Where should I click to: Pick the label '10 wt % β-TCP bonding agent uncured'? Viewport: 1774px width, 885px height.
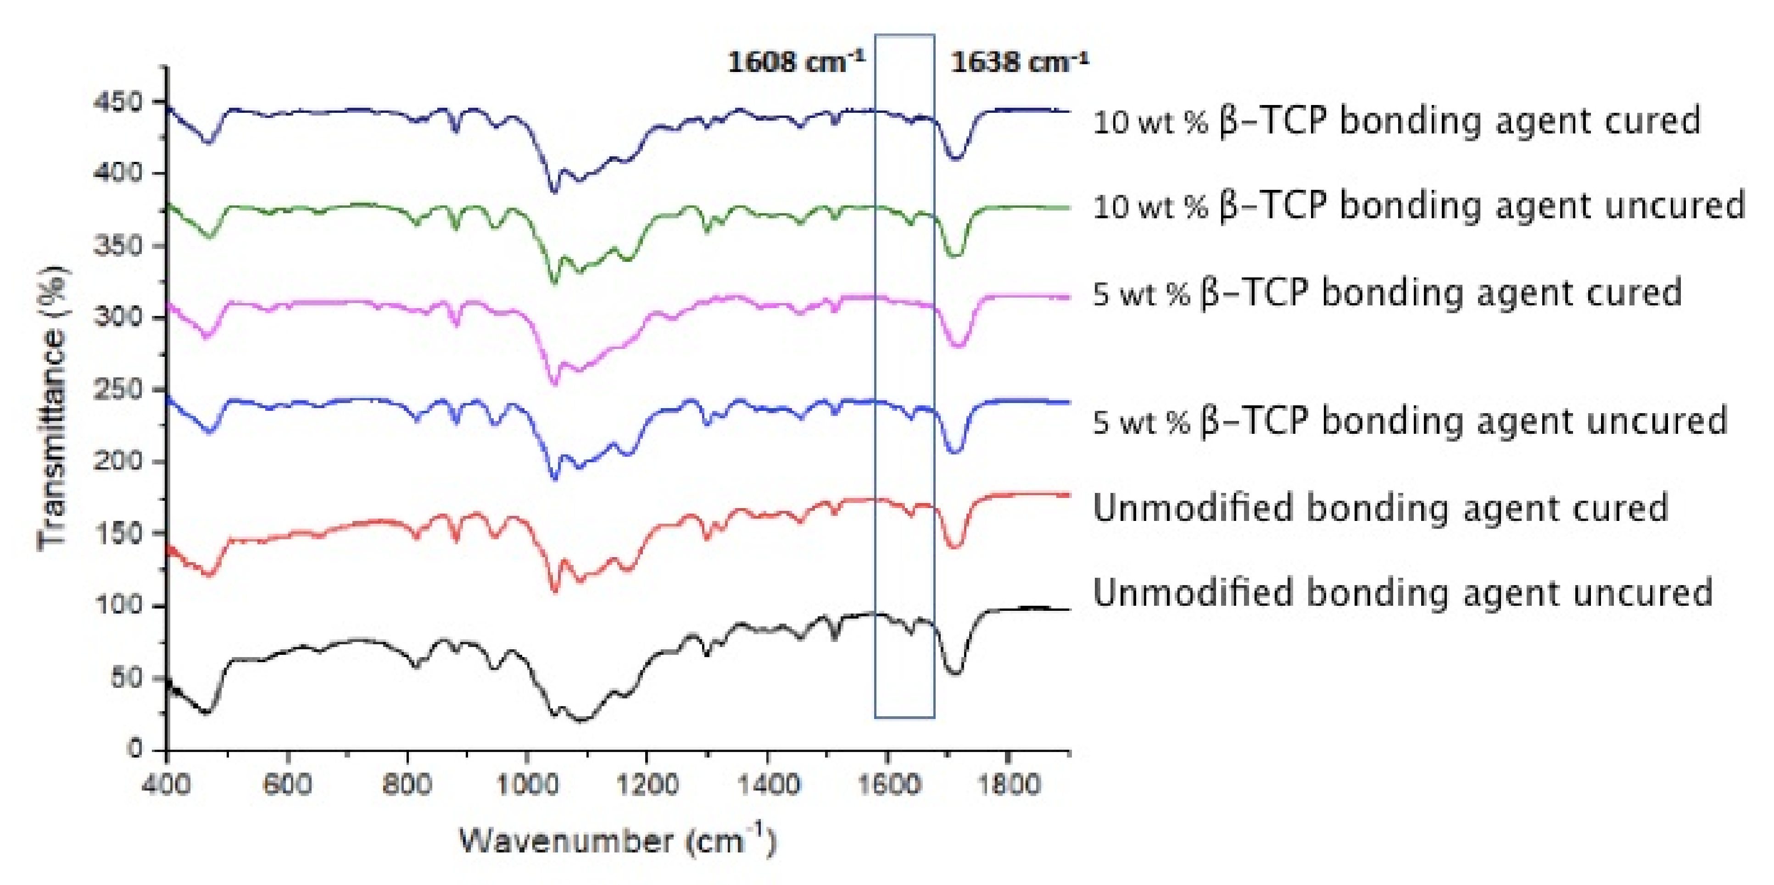1419,206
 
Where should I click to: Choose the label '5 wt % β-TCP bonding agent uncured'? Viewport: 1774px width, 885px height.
1410,421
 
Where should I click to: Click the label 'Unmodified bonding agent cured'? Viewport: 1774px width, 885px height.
1380,508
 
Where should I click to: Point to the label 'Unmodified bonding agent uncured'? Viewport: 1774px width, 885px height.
1402,592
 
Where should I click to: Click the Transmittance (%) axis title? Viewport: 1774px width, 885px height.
54,407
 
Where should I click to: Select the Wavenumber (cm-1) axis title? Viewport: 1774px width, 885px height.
618,841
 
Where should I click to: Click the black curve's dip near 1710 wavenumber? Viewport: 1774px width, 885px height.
954,671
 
